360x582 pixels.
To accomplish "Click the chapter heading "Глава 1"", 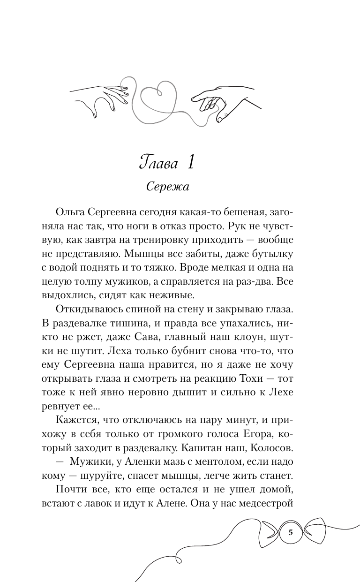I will [167, 163].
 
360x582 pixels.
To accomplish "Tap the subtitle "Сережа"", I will [167, 187].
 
